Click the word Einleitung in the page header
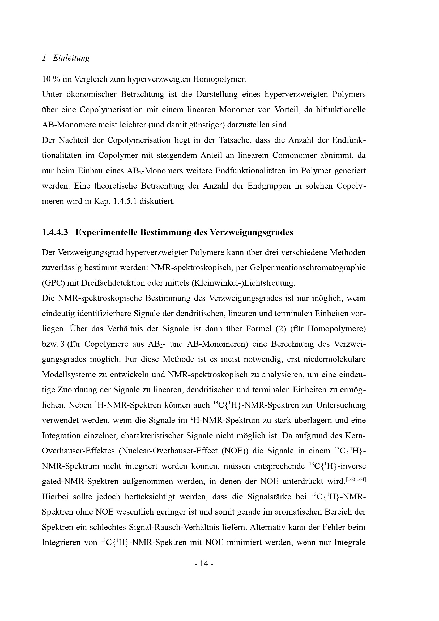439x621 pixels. click(71, 58)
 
